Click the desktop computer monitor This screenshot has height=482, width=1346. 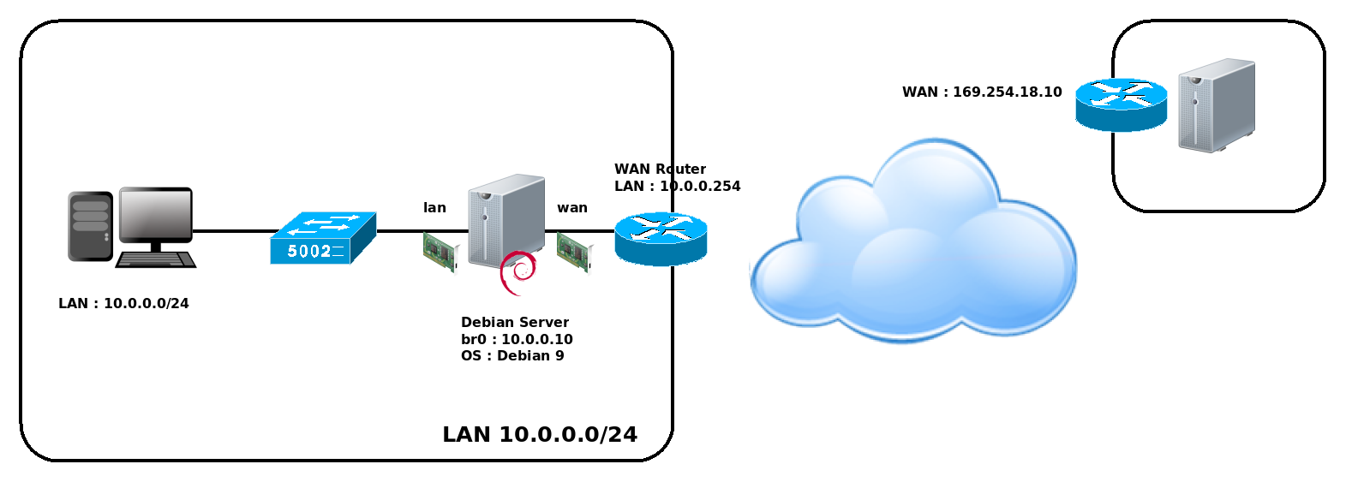155,214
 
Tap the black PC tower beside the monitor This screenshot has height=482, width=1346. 90,226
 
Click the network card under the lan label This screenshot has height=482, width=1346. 440,253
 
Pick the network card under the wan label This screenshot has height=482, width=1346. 574,253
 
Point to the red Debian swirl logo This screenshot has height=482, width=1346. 518,272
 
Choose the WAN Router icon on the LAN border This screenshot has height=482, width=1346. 661,239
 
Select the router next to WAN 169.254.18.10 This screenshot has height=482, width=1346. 1121,104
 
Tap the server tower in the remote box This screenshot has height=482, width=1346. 1216,105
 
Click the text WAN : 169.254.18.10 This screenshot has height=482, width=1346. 982,92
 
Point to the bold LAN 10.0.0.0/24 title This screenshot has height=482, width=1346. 540,435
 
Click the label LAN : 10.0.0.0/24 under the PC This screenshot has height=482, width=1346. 123,304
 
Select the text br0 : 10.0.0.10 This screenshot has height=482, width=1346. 517,339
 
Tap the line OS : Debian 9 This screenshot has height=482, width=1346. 512,356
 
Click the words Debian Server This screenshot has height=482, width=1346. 514,323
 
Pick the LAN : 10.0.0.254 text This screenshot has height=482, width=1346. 677,187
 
